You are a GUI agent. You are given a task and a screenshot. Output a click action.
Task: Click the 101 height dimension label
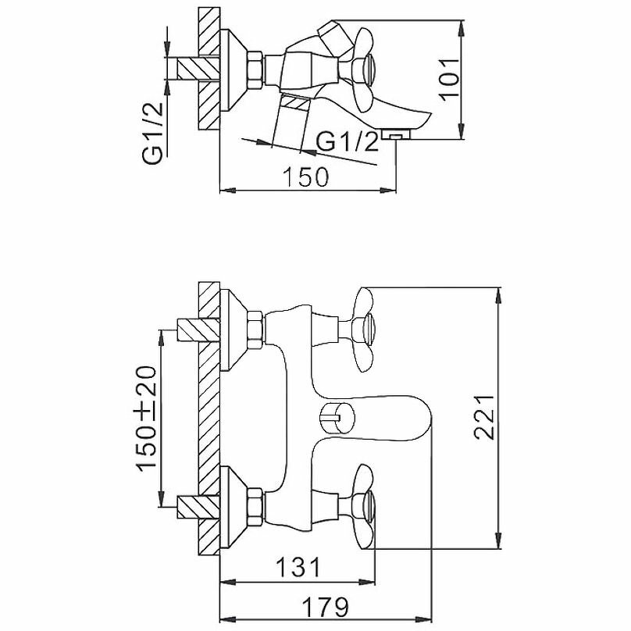coord(447,77)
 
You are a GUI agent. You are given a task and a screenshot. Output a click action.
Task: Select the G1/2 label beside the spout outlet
coord(349,142)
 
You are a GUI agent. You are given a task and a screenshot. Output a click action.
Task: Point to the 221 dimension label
coord(487,417)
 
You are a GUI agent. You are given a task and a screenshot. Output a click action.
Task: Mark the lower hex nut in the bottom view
coord(255,505)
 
